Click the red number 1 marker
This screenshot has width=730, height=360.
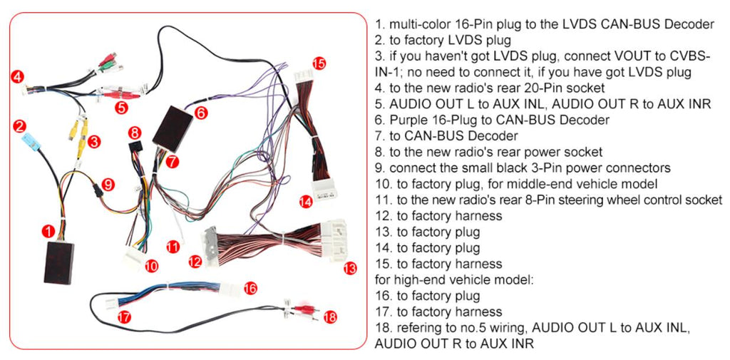pos(47,230)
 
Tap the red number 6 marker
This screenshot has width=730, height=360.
pos(201,113)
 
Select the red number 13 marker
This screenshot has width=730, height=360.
pos(349,269)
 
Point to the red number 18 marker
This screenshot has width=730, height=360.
pos(329,317)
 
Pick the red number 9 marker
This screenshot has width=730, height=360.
pos(108,184)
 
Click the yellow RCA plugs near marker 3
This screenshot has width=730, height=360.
pos(78,135)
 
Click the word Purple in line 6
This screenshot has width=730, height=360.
pos(411,120)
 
